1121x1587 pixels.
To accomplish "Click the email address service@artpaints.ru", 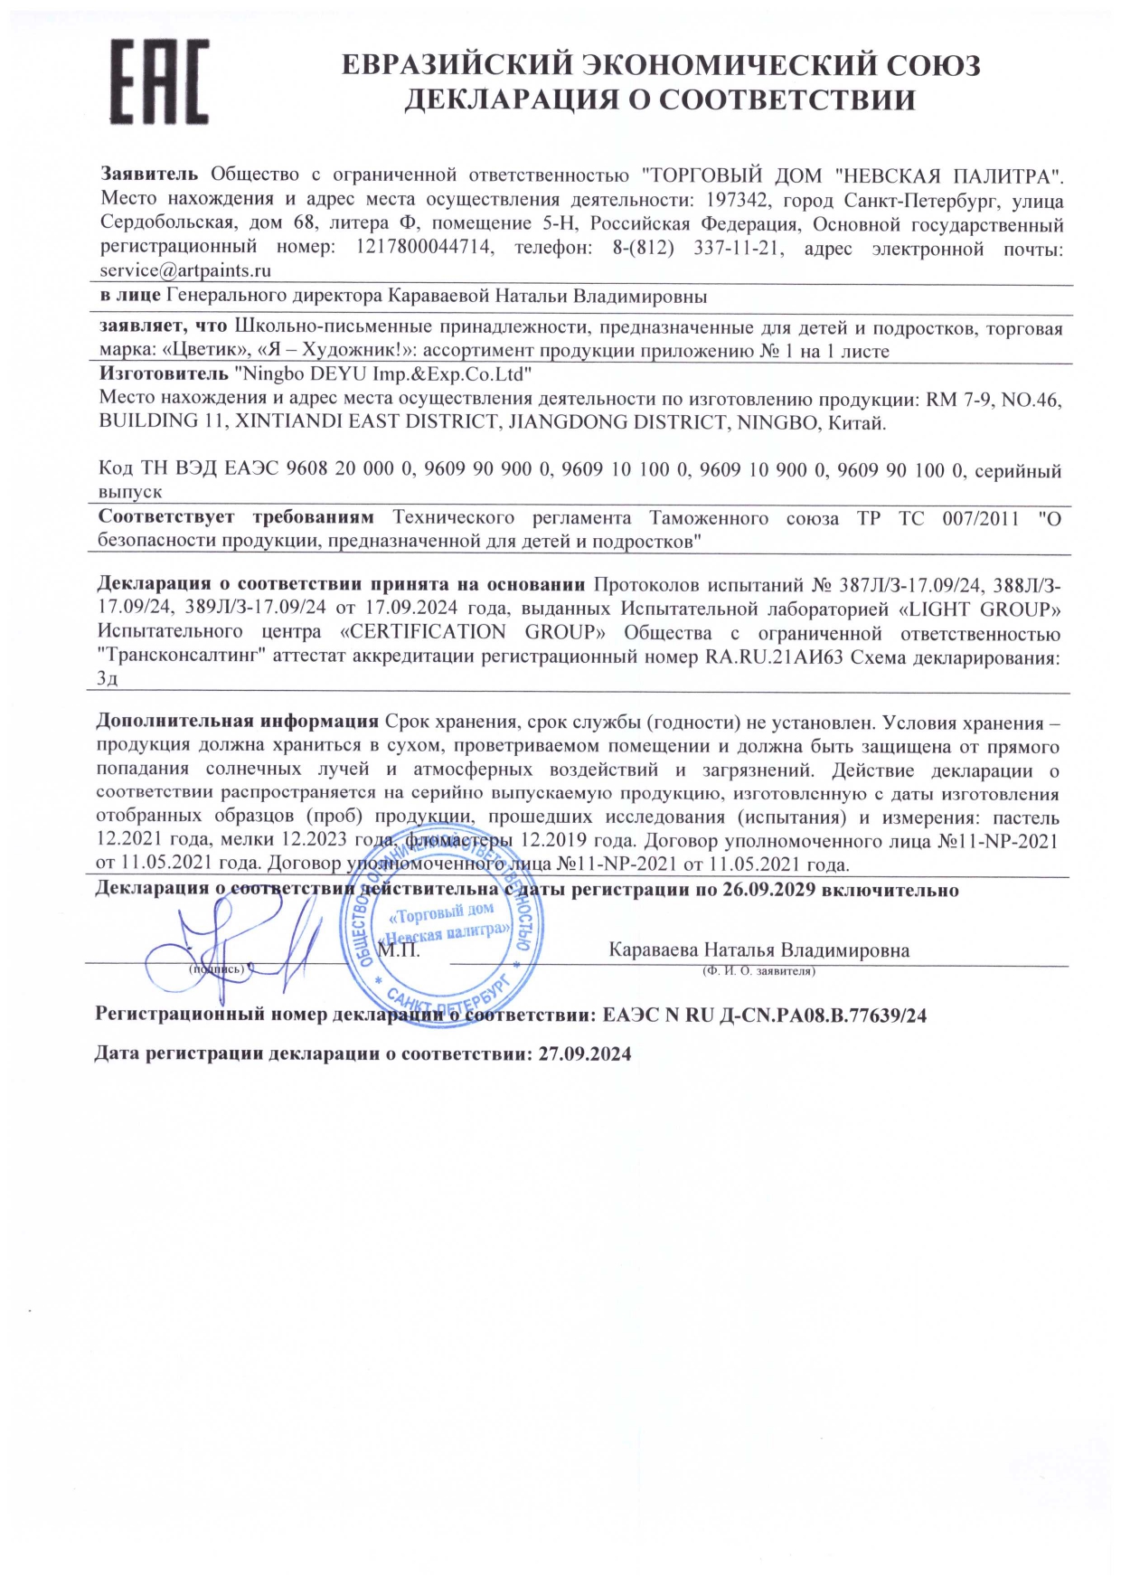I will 185,270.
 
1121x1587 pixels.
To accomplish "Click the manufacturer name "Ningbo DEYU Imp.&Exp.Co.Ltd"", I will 382,373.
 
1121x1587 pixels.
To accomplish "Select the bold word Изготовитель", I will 164,373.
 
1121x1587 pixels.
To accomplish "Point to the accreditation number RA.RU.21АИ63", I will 774,657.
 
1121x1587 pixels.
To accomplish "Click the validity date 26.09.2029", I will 769,890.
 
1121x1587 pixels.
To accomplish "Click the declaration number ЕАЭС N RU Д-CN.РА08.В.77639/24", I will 764,1015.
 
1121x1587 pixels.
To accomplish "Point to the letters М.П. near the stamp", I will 399,950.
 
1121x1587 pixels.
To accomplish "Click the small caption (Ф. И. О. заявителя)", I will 758,971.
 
